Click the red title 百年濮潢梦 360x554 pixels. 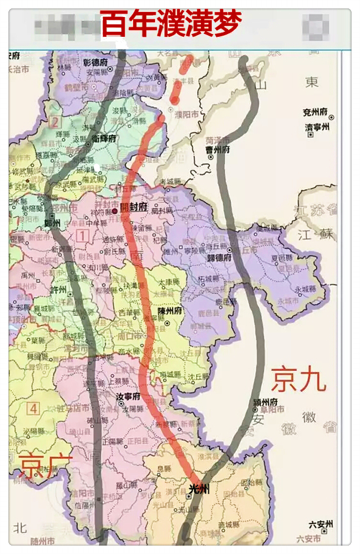coord(172,24)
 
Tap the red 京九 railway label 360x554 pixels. coord(299,379)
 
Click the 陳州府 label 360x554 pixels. coord(170,312)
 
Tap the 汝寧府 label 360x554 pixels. coord(128,397)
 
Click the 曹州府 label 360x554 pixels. coord(218,150)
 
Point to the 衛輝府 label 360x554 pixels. coord(104,138)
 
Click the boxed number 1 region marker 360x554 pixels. coord(84,234)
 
